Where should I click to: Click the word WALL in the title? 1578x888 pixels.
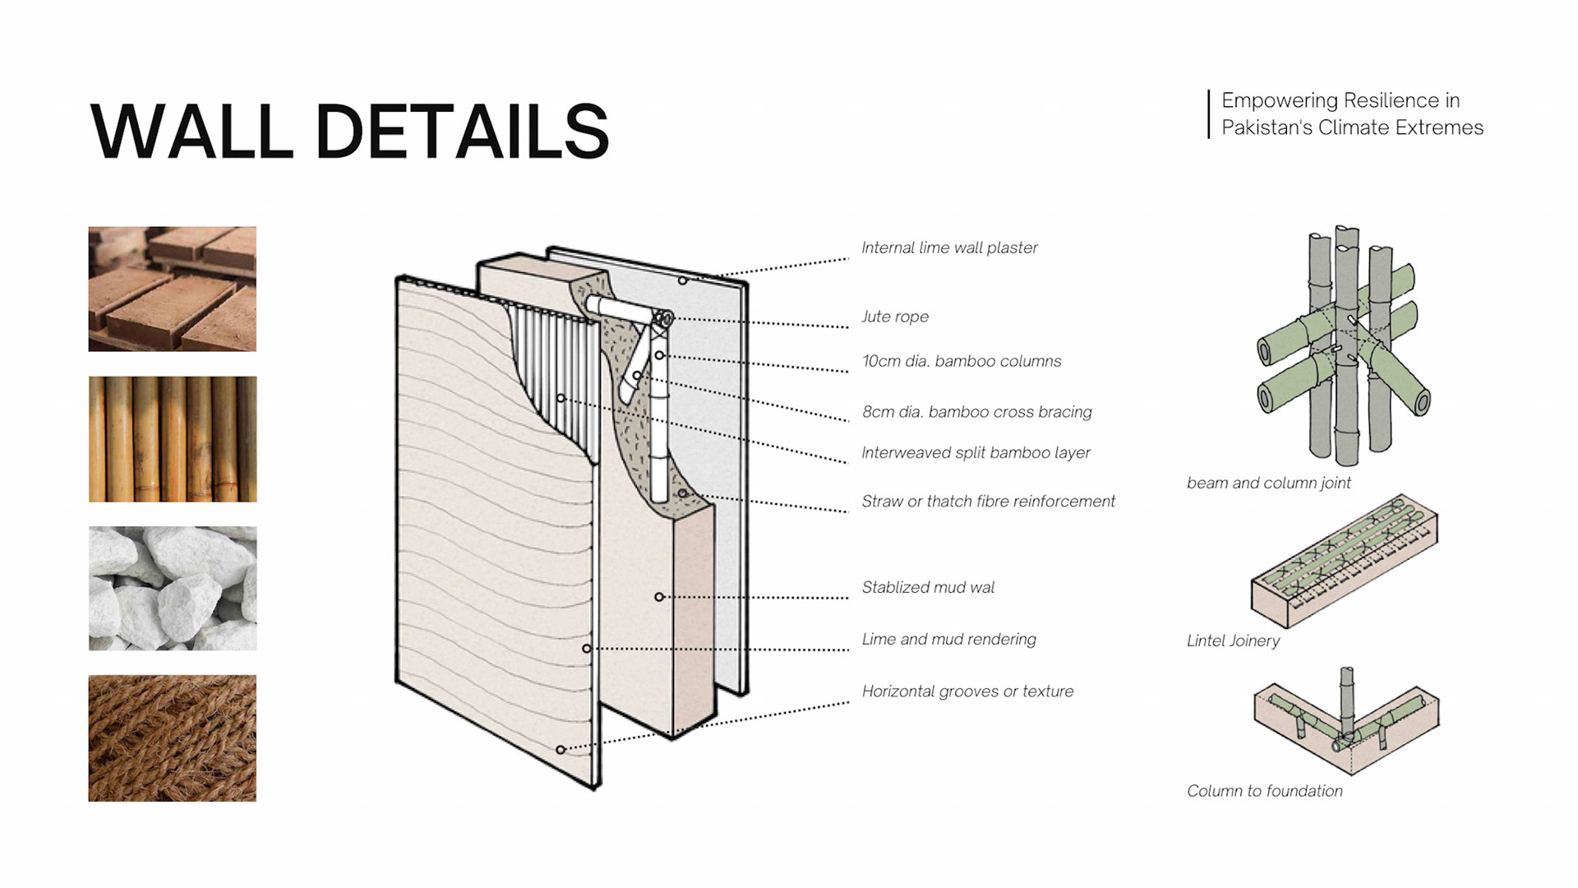191,132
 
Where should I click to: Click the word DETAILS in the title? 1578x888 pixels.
462,132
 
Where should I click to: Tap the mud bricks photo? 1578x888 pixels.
173,289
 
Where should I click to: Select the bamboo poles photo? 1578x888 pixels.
173,439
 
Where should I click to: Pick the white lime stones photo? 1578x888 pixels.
173,589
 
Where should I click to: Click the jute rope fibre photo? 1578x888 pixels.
173,738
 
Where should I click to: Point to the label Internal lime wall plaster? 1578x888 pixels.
949,247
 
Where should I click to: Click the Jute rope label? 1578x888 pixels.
895,317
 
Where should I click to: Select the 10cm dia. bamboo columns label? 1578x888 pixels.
962,361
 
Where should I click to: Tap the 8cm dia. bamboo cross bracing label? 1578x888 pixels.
977,412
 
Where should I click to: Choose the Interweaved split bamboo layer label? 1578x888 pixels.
976,452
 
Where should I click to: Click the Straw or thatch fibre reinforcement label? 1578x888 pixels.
988,501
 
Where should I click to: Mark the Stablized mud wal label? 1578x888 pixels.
928,587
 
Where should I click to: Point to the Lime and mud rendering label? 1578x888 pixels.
948,639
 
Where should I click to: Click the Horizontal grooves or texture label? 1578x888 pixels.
967,691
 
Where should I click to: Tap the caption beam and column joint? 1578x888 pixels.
1268,483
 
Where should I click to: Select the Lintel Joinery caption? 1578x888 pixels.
1233,641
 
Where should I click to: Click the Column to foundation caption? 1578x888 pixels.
1264,791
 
